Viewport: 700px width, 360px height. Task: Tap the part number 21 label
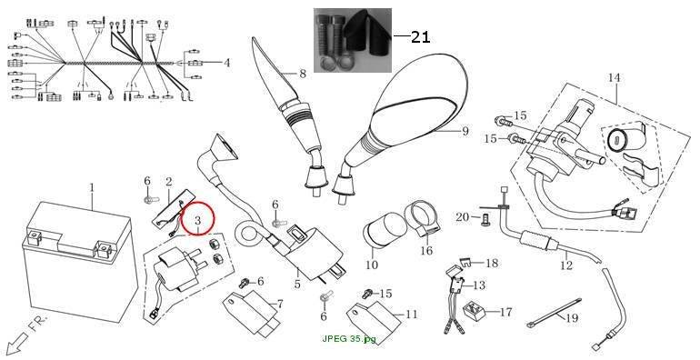point(420,37)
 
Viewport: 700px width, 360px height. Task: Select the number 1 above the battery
point(92,187)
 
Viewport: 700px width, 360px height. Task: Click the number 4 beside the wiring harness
point(227,63)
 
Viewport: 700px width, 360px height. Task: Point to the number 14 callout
point(614,77)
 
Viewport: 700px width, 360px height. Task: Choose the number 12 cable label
point(566,265)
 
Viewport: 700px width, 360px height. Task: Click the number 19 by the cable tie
point(572,318)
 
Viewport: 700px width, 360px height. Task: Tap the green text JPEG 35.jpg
point(349,338)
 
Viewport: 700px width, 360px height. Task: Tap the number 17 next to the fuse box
point(505,312)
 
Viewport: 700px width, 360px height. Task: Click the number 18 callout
point(492,263)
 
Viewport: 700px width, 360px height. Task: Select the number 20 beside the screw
point(463,217)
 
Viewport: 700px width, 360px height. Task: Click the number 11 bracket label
point(411,315)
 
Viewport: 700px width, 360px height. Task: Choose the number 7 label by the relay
point(279,305)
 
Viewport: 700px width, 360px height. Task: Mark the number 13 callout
point(478,285)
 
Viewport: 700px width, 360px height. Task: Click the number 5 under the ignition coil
point(297,284)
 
